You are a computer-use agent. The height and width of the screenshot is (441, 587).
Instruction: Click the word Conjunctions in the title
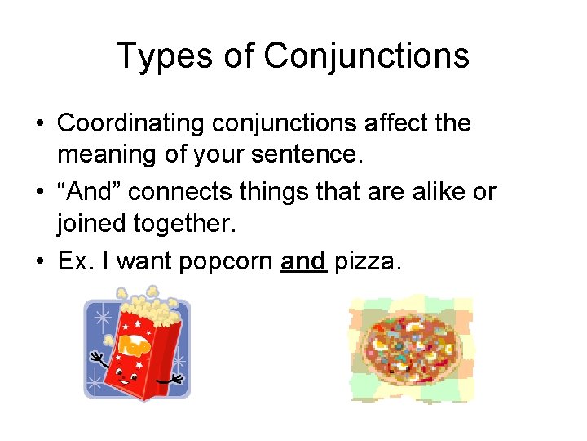click(x=366, y=56)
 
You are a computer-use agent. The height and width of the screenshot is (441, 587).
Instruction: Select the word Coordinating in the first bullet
click(x=131, y=124)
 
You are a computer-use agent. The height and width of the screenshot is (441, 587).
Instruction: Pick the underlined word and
click(x=303, y=261)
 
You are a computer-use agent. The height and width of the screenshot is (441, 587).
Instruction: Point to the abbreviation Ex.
click(x=74, y=261)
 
